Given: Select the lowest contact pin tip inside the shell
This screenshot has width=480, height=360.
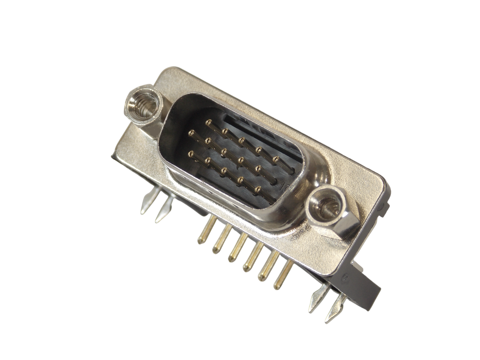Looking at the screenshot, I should tap(257, 190).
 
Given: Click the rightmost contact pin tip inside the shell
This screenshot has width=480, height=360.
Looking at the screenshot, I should tap(276, 159).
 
